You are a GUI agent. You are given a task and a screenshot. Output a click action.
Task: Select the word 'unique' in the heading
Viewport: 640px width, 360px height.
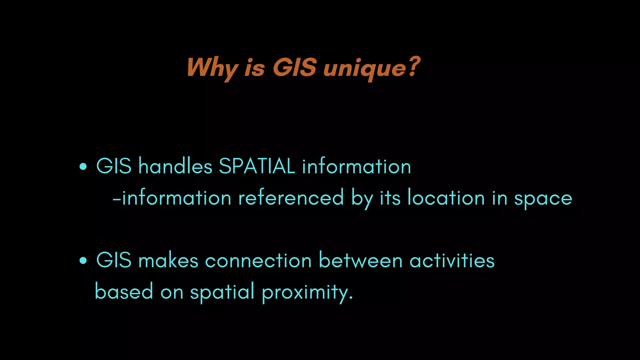pyautogui.click(x=364, y=68)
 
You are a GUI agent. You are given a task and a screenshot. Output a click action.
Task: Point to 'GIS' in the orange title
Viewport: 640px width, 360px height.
pyautogui.click(x=294, y=67)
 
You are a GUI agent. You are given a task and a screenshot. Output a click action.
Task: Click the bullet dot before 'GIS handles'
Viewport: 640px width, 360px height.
pyautogui.click(x=83, y=167)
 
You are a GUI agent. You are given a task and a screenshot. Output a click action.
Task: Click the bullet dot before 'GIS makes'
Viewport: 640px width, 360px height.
pyautogui.click(x=83, y=261)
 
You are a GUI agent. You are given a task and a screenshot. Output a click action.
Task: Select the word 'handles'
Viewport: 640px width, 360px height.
pyautogui.click(x=175, y=166)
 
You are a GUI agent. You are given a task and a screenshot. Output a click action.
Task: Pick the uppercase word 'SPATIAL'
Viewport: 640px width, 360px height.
pyautogui.click(x=257, y=166)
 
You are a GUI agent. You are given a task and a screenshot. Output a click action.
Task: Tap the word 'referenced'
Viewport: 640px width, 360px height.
pyautogui.click(x=291, y=198)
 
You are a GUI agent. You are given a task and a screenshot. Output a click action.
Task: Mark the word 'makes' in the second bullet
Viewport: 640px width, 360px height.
pyautogui.click(x=168, y=260)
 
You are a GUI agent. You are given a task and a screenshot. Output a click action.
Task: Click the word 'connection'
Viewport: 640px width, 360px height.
pyautogui.click(x=258, y=261)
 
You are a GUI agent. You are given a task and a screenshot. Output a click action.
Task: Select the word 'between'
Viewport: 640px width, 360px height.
pyautogui.click(x=361, y=260)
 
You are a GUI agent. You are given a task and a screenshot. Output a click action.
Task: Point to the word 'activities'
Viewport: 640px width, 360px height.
pyautogui.click(x=452, y=260)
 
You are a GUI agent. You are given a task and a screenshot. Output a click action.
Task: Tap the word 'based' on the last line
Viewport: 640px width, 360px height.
pyautogui.click(x=124, y=291)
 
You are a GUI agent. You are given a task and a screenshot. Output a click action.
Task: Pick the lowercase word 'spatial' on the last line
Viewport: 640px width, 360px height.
pyautogui.click(x=222, y=292)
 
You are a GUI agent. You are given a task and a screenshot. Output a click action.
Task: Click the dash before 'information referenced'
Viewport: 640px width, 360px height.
pyautogui.click(x=116, y=199)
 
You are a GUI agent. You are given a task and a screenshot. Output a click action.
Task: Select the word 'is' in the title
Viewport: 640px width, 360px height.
pyautogui.click(x=255, y=68)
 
